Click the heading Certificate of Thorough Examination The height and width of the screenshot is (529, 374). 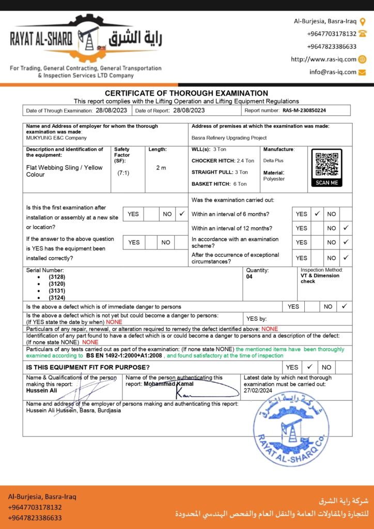[186, 93]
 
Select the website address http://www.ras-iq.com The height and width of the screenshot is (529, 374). [323, 59]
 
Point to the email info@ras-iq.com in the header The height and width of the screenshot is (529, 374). [333, 72]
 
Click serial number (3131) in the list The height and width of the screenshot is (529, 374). [57, 291]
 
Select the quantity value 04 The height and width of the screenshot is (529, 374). [250, 277]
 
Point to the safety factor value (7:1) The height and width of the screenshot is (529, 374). [123, 173]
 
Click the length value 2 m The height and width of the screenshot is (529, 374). [161, 168]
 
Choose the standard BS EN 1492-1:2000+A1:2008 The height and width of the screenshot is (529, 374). [124, 356]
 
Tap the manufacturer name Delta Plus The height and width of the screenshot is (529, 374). [273, 161]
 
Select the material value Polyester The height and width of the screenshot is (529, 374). [274, 179]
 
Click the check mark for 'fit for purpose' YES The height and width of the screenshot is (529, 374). [309, 367]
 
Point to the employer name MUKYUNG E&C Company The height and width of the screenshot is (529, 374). [56, 138]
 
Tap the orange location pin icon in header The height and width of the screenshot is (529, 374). [363, 22]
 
